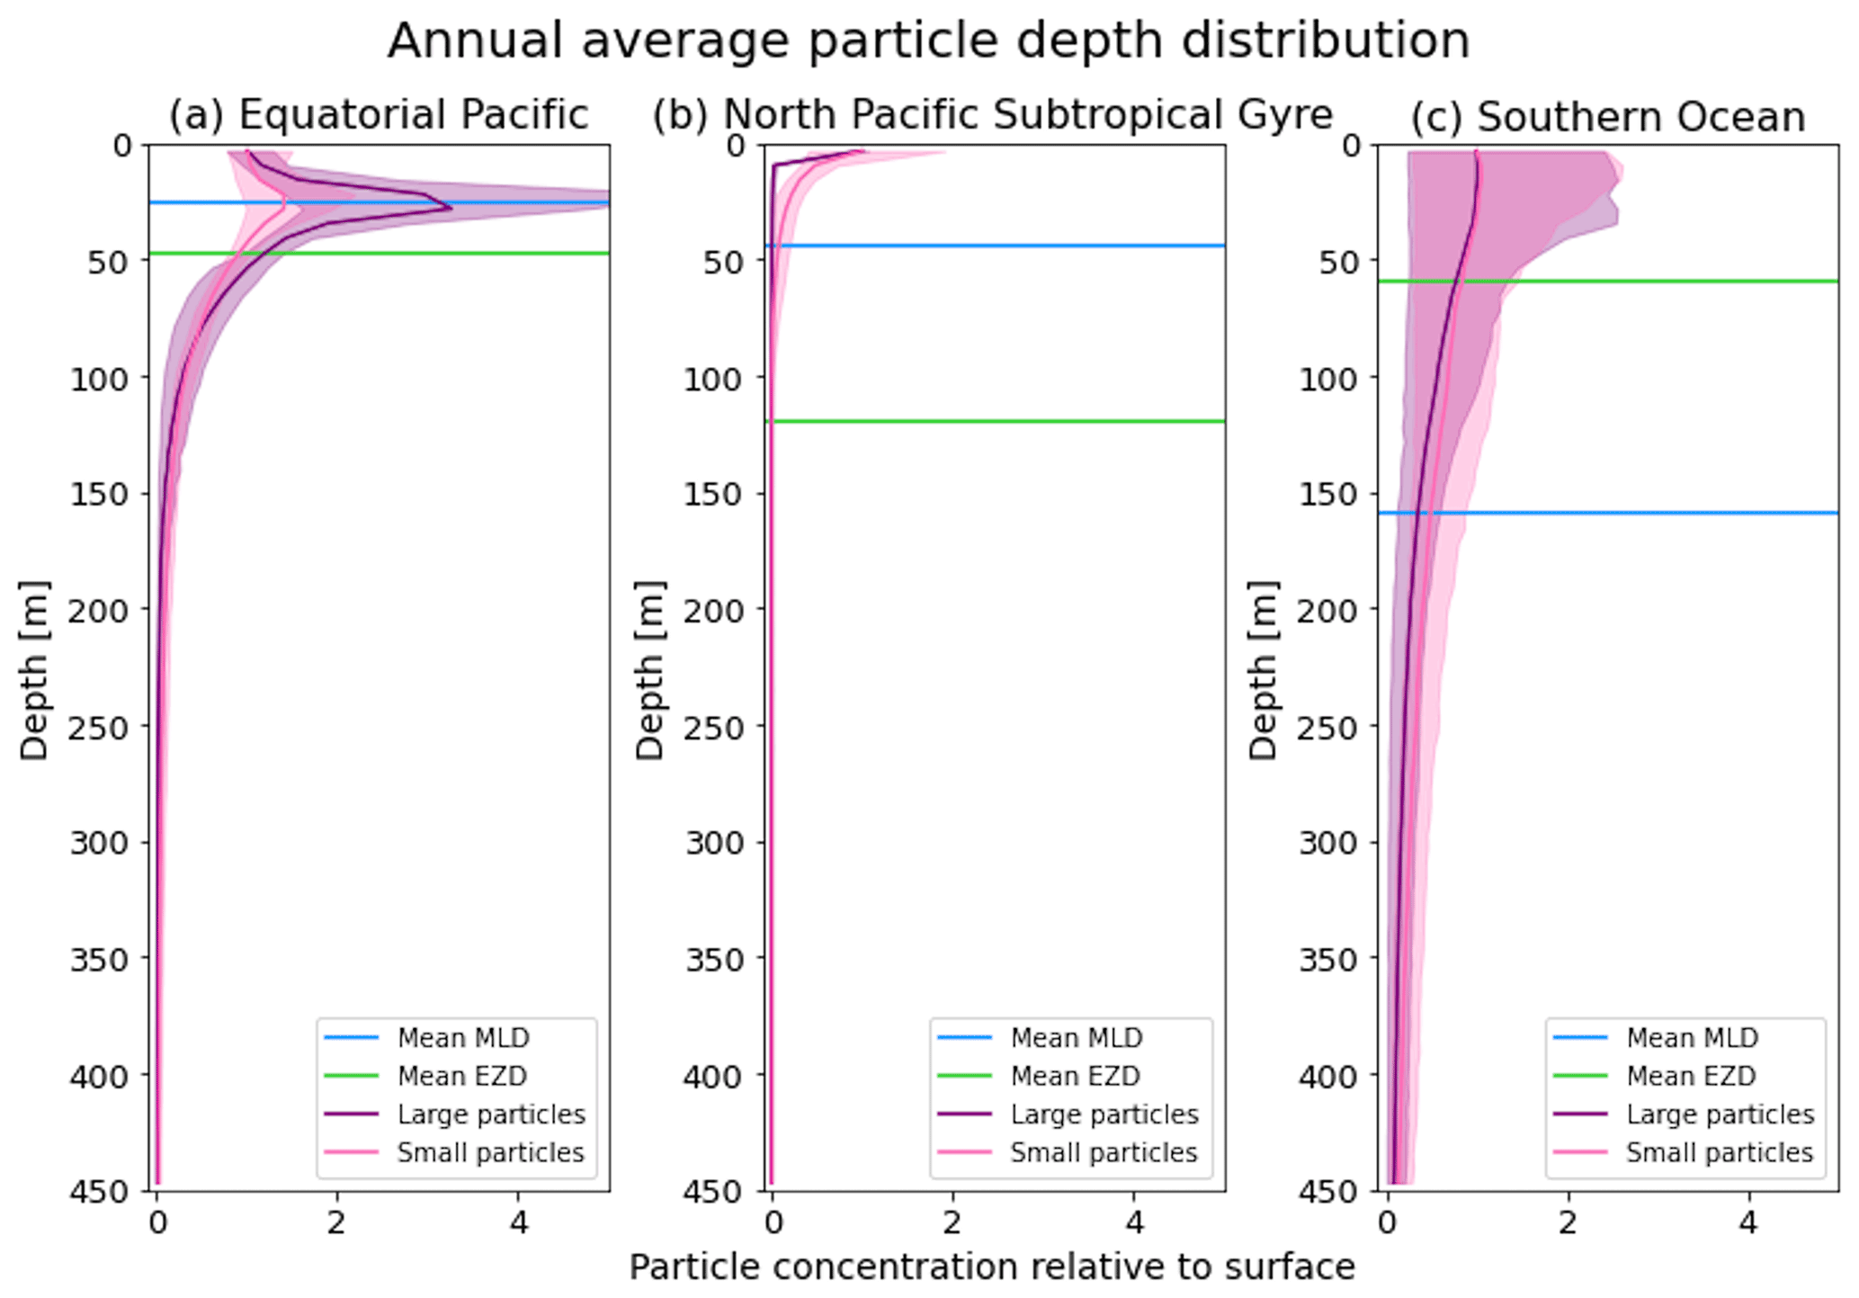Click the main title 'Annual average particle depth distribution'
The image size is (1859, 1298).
point(928,41)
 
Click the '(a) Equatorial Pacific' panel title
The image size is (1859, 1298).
point(379,115)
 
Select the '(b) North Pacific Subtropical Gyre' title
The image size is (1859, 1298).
point(992,115)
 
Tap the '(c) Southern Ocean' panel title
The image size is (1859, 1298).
point(1607,117)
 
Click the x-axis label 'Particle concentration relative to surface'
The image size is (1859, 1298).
point(991,1267)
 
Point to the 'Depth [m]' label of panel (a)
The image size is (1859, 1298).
point(34,670)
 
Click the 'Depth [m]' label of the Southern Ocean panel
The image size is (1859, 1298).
point(1263,670)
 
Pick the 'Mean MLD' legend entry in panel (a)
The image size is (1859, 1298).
point(463,1038)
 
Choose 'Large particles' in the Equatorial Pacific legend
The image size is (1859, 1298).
point(491,1114)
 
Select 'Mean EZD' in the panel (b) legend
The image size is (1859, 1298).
point(1075,1076)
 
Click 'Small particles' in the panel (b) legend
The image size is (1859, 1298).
point(1104,1152)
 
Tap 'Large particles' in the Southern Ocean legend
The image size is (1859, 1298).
point(1720,1114)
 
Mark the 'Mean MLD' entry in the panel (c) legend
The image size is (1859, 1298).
point(1692,1038)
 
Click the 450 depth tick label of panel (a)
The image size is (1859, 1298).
point(99,1191)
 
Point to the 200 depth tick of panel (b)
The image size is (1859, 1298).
point(713,610)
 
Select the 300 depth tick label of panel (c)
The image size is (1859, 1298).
point(1327,843)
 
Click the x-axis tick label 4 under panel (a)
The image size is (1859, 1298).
point(518,1222)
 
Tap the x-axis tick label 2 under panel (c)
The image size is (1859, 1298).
point(1569,1222)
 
